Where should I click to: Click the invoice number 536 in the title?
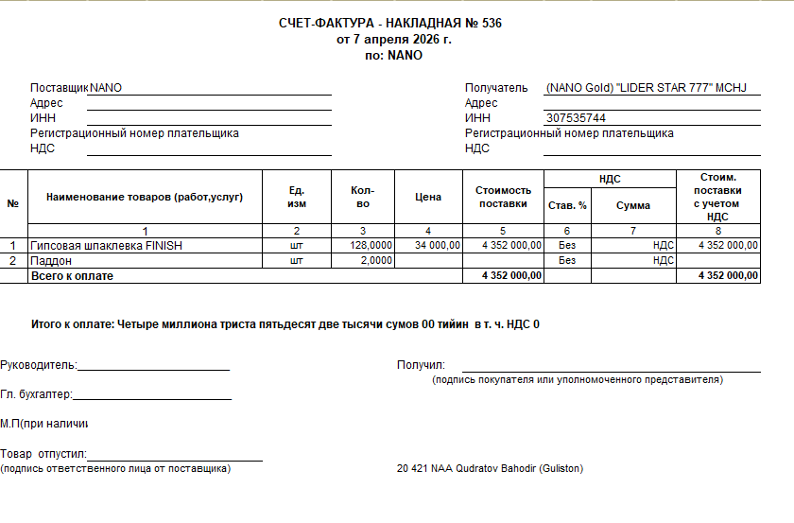pyautogui.click(x=491, y=23)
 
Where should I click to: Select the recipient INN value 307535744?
pyautogui.click(x=576, y=118)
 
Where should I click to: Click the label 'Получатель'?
pyautogui.click(x=495, y=88)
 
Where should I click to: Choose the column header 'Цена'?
pyautogui.click(x=428, y=197)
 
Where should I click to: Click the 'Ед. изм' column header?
pyautogui.click(x=296, y=197)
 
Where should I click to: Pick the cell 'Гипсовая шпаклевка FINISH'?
pyautogui.click(x=106, y=245)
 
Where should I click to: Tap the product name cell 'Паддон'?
pyautogui.click(x=51, y=260)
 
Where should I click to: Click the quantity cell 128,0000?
pyautogui.click(x=371, y=245)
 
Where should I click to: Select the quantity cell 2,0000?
pyautogui.click(x=376, y=260)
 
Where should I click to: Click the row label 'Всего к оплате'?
pyautogui.click(x=72, y=275)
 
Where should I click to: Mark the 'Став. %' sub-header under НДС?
pyautogui.click(x=567, y=205)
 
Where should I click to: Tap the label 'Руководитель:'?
pyautogui.click(x=39, y=365)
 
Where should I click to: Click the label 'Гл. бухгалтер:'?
pyautogui.click(x=37, y=395)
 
